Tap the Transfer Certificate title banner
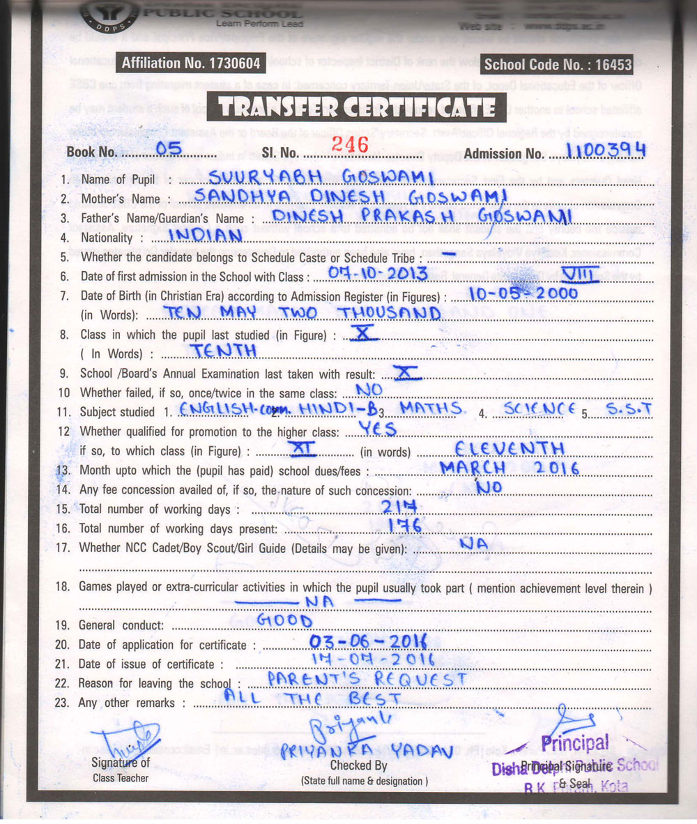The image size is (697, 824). [x=355, y=107]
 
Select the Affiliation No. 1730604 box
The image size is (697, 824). [x=190, y=63]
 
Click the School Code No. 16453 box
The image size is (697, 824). [x=558, y=65]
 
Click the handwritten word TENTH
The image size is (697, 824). [x=224, y=351]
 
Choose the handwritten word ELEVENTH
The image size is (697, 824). [x=509, y=448]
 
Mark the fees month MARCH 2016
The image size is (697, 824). [x=510, y=468]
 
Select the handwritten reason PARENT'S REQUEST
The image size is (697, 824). [x=367, y=678]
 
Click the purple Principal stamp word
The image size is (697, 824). [x=574, y=743]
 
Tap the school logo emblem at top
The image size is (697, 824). [x=108, y=12]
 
